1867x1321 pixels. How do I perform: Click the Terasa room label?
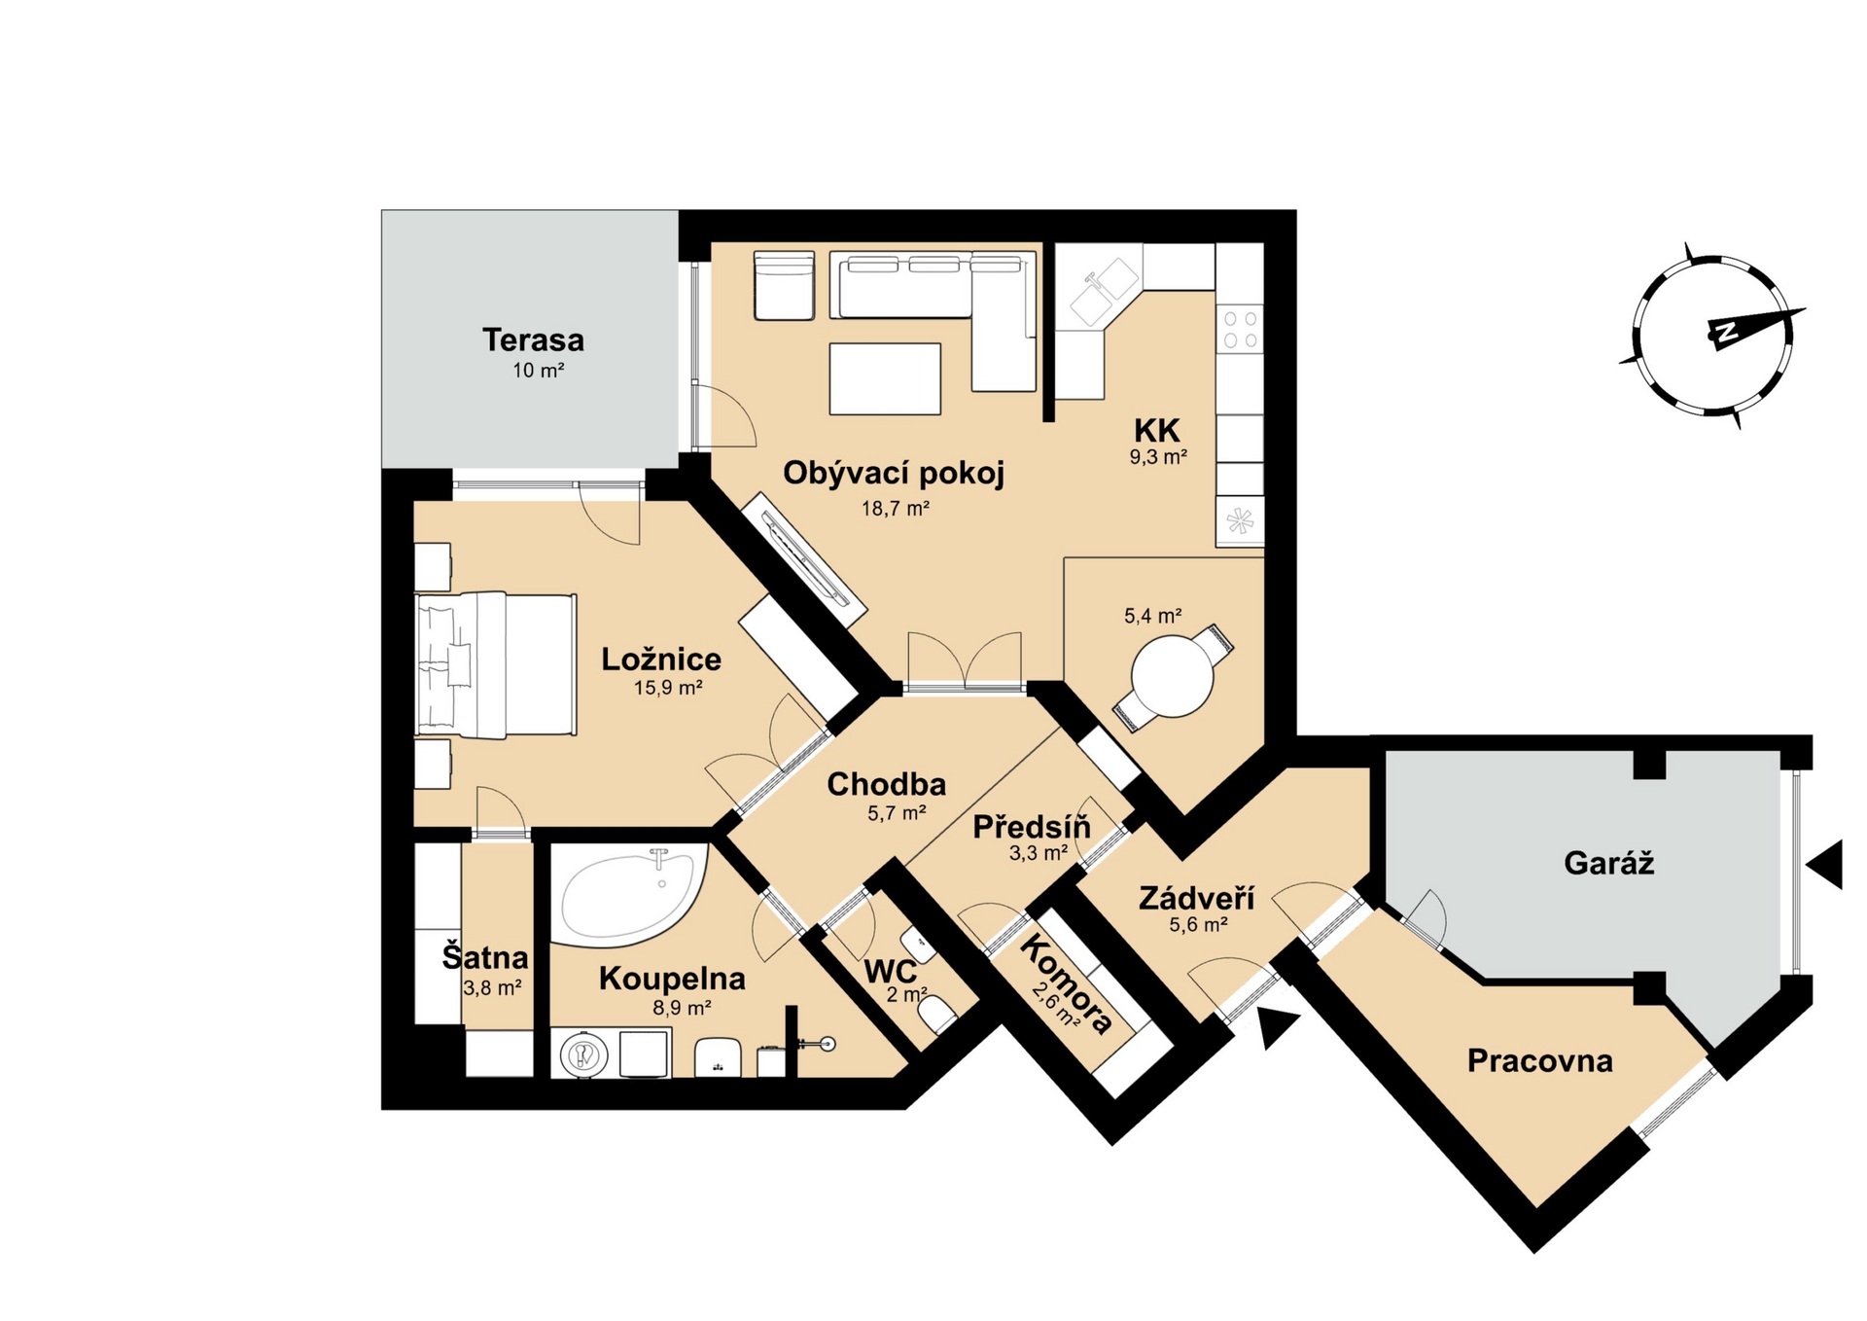pyautogui.click(x=533, y=340)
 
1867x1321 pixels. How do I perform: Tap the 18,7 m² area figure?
pyautogui.click(x=896, y=508)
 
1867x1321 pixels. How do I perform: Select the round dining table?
pyautogui.click(x=1173, y=676)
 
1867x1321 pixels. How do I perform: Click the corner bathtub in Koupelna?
pyautogui.click(x=630, y=895)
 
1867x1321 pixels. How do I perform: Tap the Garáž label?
pyautogui.click(x=1608, y=863)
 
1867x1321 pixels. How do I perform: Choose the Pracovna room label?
pyautogui.click(x=1539, y=1060)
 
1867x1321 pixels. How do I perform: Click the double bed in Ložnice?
pyautogui.click(x=496, y=664)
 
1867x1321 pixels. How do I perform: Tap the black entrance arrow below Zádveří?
pyautogui.click(x=1276, y=1027)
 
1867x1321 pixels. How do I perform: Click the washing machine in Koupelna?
pyautogui.click(x=584, y=1053)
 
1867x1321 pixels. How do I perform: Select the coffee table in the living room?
pyautogui.click(x=885, y=378)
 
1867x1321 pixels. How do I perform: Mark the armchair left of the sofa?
pyautogui.click(x=784, y=286)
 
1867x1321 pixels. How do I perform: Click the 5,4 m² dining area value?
pyautogui.click(x=1153, y=616)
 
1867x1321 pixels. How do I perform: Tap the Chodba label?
pyautogui.click(x=886, y=784)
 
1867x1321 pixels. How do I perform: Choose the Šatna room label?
pyautogui.click(x=485, y=957)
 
